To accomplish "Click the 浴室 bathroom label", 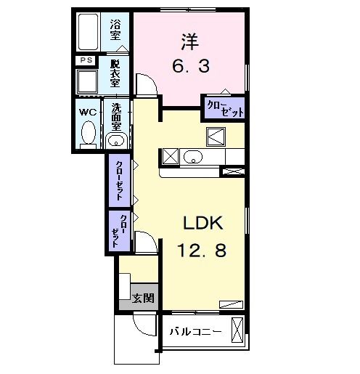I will click(115, 30).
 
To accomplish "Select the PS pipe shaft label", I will click(86, 60).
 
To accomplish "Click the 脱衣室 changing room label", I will click(115, 73).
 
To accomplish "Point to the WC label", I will click(86, 112).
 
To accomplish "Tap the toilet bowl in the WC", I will click(88, 134).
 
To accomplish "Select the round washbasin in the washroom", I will click(115, 139).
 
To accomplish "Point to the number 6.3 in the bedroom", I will click(192, 68).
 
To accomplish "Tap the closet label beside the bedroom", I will click(224, 109).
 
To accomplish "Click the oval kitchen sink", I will click(192, 156).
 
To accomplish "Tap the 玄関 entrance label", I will click(143, 297).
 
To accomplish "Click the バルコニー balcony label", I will click(195, 332).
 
